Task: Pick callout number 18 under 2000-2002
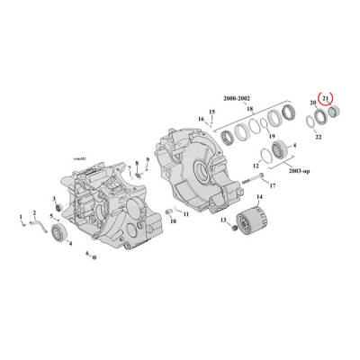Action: tap(249, 108)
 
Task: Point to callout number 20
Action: tap(313, 104)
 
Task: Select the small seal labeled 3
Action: tap(59, 209)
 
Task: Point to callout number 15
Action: tap(212, 112)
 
